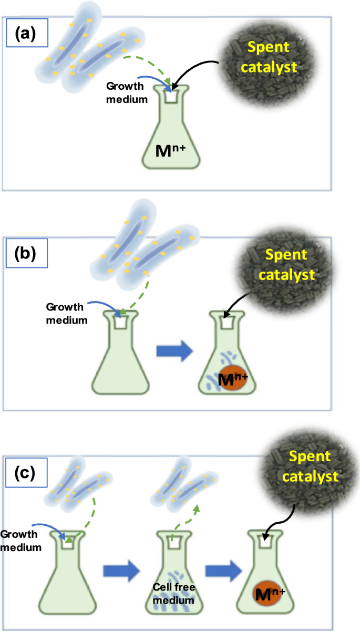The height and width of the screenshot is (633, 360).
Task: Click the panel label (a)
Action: point(26,34)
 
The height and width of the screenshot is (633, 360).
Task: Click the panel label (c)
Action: point(25,473)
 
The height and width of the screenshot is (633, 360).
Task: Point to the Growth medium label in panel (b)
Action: point(66,312)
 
